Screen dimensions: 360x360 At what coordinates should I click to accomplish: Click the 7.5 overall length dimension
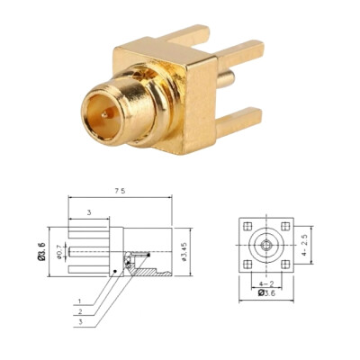120,192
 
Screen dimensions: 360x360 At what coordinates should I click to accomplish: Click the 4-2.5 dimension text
307,245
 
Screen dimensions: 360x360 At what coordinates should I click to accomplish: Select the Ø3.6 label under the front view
267,292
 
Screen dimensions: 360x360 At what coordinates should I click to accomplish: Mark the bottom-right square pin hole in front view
285,264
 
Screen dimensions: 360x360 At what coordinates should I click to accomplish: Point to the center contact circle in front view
266,244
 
